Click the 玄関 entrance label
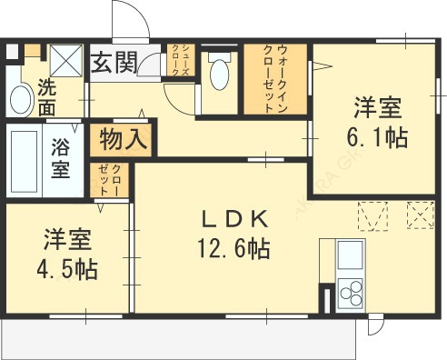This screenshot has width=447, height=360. pyautogui.click(x=114, y=63)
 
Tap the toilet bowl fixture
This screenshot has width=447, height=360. pyautogui.click(x=219, y=74)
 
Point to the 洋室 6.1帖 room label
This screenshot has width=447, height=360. pyautogui.click(x=378, y=124)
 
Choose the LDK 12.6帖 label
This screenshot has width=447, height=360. pyautogui.click(x=233, y=233)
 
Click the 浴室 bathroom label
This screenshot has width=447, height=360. pyautogui.click(x=62, y=157)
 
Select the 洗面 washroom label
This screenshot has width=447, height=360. pyautogui.click(x=46, y=99)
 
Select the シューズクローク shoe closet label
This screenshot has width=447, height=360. pyautogui.click(x=180, y=64)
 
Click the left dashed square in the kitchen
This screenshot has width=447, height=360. pyautogui.click(x=372, y=215)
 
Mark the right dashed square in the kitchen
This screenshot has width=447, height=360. pyautogui.click(x=420, y=215)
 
